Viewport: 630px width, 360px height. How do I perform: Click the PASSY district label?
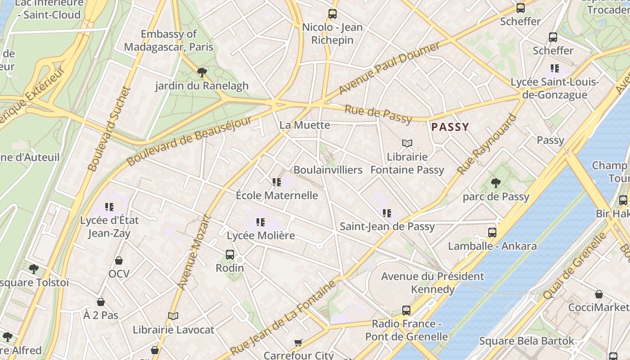pos(450,127)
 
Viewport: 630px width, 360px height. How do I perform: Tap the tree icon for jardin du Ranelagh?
pos(202,72)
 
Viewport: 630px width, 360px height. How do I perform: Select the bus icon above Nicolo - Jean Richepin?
pos(333,14)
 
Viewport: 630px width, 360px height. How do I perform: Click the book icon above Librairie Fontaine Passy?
pos(407,144)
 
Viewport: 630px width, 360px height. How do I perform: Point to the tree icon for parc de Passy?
pos(496,183)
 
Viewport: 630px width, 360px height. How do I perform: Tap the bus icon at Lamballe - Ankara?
pos(492,233)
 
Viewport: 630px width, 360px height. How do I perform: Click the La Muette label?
pos(305,125)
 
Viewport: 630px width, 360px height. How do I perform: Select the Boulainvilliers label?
pos(328,170)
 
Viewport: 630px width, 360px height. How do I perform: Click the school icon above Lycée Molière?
pos(260,222)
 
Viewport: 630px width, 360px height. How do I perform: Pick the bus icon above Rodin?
pos(230,255)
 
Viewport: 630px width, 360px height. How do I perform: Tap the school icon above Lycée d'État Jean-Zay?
pos(109,207)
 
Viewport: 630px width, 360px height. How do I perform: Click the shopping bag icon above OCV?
pos(119,261)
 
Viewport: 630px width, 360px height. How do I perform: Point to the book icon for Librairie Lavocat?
pos(173,316)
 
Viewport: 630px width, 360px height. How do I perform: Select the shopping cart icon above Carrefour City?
pos(298,342)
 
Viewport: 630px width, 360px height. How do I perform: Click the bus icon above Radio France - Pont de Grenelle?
pos(406,310)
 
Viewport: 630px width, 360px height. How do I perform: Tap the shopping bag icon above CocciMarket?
pos(599,294)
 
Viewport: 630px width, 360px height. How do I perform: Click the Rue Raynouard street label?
pos(487,144)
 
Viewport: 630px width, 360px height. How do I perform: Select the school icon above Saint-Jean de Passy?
pos(387,213)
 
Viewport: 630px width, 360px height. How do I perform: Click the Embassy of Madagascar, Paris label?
pos(169,40)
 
